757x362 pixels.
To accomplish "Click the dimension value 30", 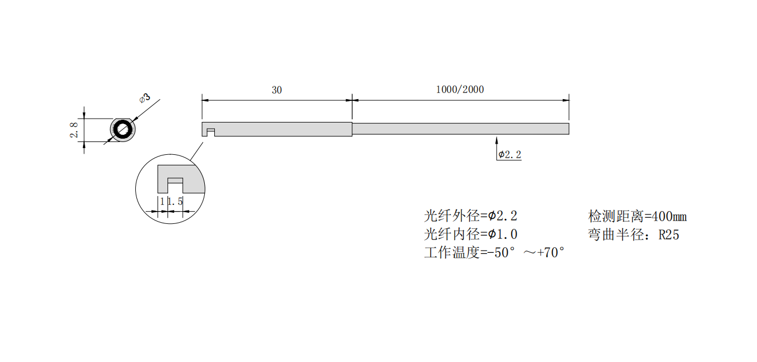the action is click(277, 90).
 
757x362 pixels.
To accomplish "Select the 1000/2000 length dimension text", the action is click(460, 89).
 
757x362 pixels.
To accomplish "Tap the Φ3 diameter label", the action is click(145, 98).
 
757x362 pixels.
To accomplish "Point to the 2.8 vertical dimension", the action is click(73, 130).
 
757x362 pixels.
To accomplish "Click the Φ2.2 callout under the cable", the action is click(510, 154).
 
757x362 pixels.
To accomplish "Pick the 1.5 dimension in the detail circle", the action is click(175, 202).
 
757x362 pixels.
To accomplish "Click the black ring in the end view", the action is click(122, 130).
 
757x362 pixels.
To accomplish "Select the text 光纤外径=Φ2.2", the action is click(470, 216).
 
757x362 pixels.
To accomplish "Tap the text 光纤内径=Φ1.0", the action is click(470, 234).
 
